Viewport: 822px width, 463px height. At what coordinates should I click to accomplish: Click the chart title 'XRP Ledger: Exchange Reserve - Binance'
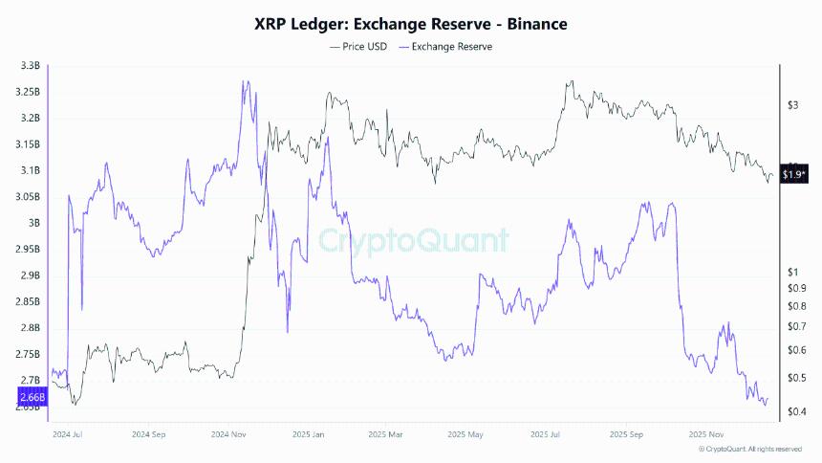click(411, 25)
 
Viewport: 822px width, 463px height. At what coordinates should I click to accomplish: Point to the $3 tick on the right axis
click(792, 105)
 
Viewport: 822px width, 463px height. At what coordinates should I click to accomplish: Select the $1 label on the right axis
click(792, 274)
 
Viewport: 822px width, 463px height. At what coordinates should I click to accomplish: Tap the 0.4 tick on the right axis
click(794, 412)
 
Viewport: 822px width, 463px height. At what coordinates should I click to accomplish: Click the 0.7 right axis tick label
click(794, 327)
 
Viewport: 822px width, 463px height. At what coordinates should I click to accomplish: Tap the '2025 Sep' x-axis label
click(626, 433)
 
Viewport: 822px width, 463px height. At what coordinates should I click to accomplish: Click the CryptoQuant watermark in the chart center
click(413, 240)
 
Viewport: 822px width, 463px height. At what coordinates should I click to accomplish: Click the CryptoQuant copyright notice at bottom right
click(750, 449)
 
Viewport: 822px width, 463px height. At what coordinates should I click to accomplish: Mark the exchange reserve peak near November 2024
click(246, 82)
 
